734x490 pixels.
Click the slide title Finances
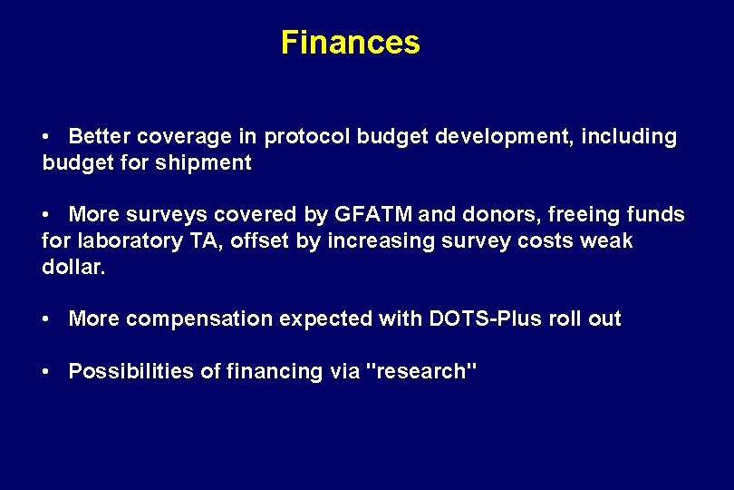350,43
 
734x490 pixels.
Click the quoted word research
420,371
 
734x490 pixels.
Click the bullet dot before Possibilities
47,372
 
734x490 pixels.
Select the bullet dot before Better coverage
47,138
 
